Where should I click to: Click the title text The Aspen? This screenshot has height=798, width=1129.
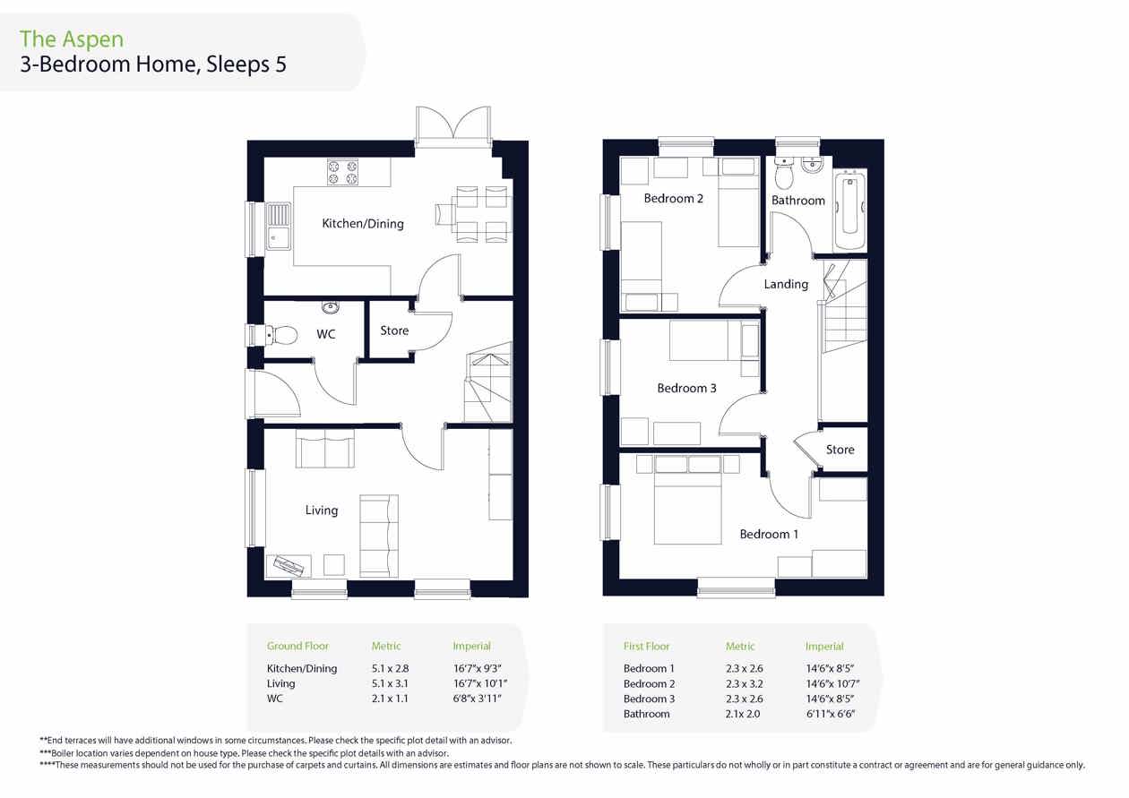point(72,39)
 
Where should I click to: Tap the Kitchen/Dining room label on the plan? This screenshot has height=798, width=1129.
point(363,224)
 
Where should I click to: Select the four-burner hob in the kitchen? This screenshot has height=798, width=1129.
point(342,172)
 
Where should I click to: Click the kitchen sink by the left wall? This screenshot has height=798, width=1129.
point(279,227)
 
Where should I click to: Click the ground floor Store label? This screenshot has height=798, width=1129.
point(394,330)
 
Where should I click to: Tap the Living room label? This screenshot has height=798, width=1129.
point(322,511)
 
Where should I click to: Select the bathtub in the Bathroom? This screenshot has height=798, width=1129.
point(850,210)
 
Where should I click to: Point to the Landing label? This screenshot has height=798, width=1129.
point(786,285)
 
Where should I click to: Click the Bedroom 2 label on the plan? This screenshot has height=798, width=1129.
point(674,199)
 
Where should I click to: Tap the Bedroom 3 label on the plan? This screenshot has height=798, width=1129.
point(686,388)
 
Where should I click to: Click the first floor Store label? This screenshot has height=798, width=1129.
point(840,450)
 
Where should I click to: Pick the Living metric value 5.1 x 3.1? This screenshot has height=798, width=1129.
point(390,683)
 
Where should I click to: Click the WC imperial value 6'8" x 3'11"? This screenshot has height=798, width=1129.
point(477,699)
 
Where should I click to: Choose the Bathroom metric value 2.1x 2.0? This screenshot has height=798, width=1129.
point(743,714)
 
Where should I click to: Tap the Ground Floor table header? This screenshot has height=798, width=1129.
point(297,646)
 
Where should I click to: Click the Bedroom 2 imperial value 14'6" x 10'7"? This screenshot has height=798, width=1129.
point(832,683)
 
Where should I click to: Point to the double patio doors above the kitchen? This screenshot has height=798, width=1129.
point(453,126)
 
